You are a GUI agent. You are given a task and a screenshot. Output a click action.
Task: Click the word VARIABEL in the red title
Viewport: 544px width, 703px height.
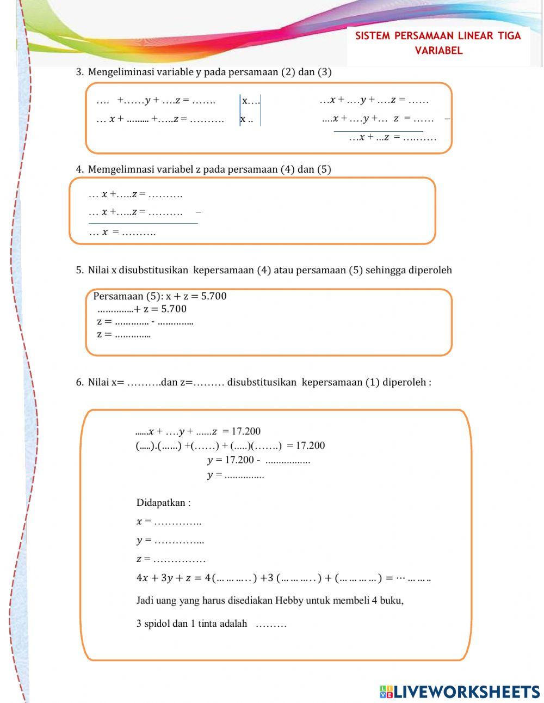tap(438, 51)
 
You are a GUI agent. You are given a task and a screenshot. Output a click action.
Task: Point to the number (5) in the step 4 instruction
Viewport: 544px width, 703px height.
tap(324, 169)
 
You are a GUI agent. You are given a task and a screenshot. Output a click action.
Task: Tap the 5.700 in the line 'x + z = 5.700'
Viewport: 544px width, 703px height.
tap(213, 296)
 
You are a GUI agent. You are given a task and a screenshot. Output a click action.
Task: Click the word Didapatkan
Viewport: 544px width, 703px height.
tap(163, 503)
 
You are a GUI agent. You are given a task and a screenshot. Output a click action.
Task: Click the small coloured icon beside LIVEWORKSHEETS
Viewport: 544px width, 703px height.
tap(386, 692)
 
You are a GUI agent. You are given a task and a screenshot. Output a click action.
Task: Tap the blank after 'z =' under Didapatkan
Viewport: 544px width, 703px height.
tap(180, 559)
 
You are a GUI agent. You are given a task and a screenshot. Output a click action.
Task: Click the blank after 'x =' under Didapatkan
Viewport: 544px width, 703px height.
tap(178, 522)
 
